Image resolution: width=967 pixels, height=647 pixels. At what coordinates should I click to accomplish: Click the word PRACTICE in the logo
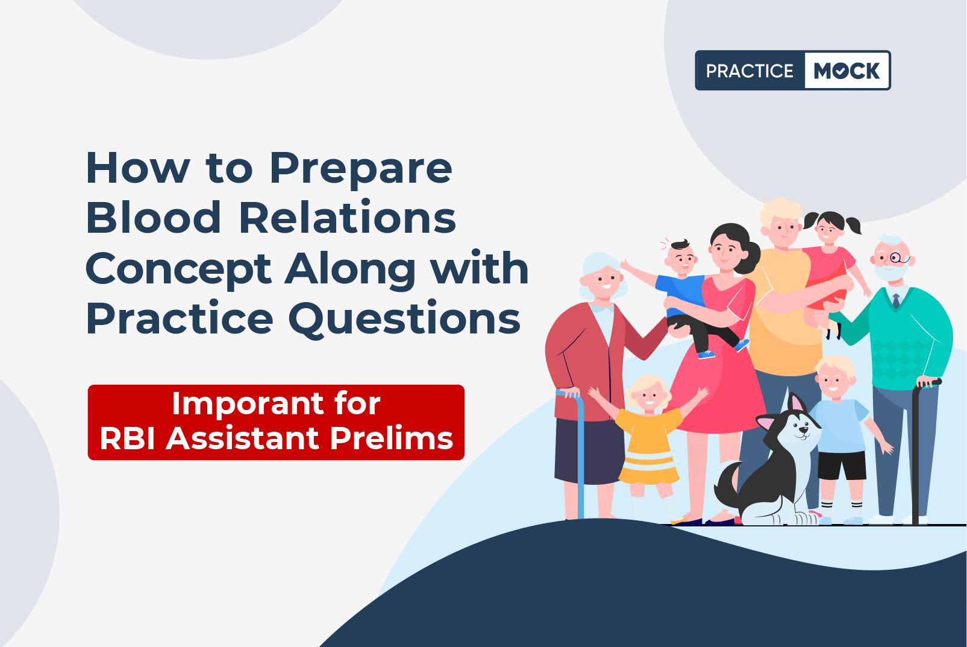(x=750, y=71)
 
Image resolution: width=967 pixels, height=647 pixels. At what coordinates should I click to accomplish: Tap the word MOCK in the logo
(x=847, y=71)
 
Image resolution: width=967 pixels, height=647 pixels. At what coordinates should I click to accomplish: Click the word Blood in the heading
(x=154, y=217)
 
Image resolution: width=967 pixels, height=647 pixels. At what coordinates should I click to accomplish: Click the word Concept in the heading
(x=179, y=268)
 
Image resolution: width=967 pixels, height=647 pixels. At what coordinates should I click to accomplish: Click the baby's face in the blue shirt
(x=681, y=259)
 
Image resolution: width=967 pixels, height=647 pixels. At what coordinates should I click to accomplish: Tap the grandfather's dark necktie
(x=896, y=300)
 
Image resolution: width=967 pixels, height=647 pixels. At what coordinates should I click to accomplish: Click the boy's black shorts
(x=842, y=465)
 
